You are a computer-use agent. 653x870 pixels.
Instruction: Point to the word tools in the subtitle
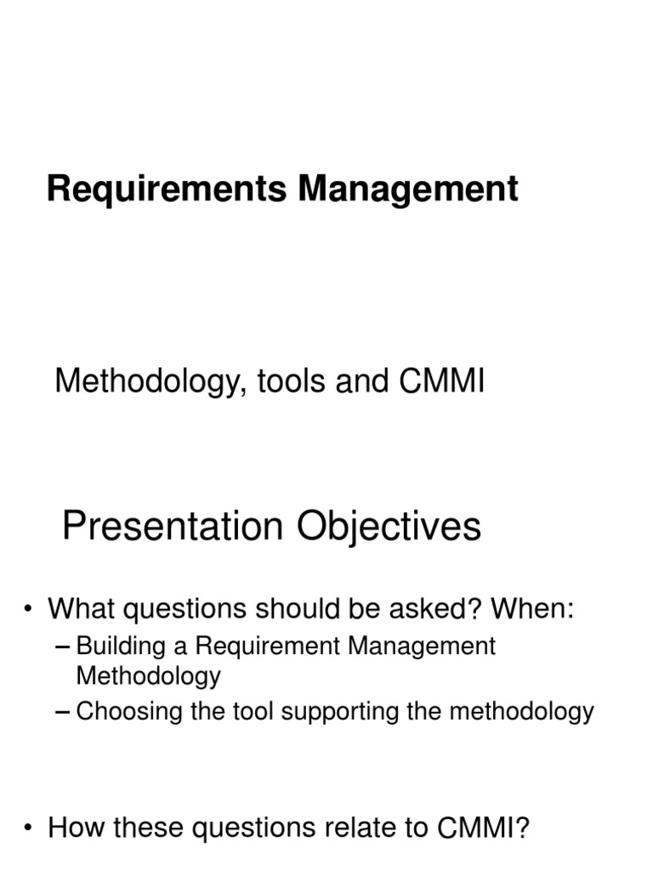coord(286,381)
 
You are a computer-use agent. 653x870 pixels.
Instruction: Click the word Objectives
coord(389,527)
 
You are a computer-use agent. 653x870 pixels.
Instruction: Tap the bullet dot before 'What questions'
coord(30,609)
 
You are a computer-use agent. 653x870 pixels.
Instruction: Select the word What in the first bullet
coord(82,609)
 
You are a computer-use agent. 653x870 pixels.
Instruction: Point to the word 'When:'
coord(532,609)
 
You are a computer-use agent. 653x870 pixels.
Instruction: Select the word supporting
coord(340,712)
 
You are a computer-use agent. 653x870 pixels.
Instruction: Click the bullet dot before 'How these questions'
coord(30,828)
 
